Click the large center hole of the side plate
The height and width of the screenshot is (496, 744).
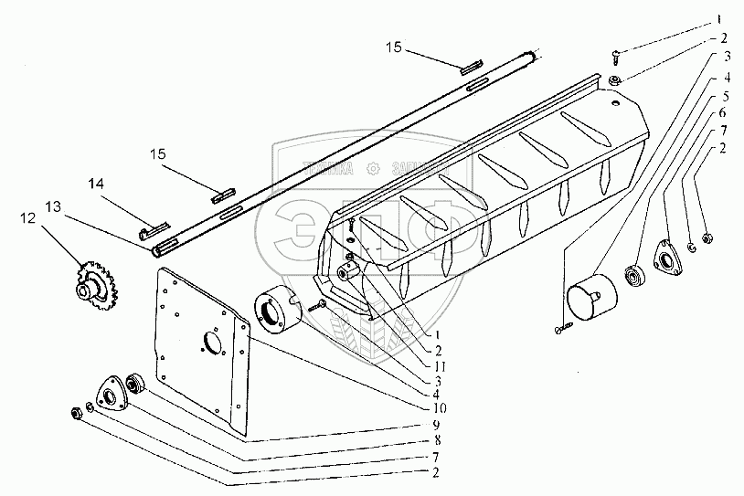click(x=213, y=344)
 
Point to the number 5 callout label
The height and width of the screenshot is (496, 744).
click(x=724, y=95)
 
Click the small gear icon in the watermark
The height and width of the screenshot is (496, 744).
click(x=374, y=169)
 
